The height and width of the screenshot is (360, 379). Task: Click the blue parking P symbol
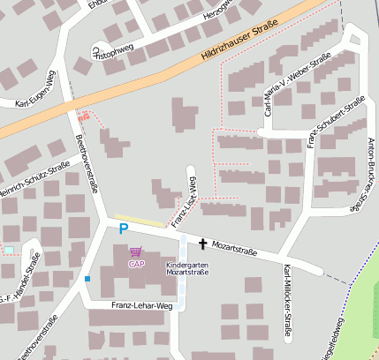pos(124,229)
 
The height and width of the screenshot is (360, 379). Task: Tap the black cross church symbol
pos(202,244)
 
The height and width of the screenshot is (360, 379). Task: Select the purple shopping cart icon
pos(135,252)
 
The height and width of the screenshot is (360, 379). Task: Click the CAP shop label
pos(136,263)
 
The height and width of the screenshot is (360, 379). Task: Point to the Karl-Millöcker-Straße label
pos(287,311)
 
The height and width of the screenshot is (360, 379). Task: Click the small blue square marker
pos(87,280)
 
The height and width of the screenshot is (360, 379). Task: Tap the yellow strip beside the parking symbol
pos(140,220)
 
